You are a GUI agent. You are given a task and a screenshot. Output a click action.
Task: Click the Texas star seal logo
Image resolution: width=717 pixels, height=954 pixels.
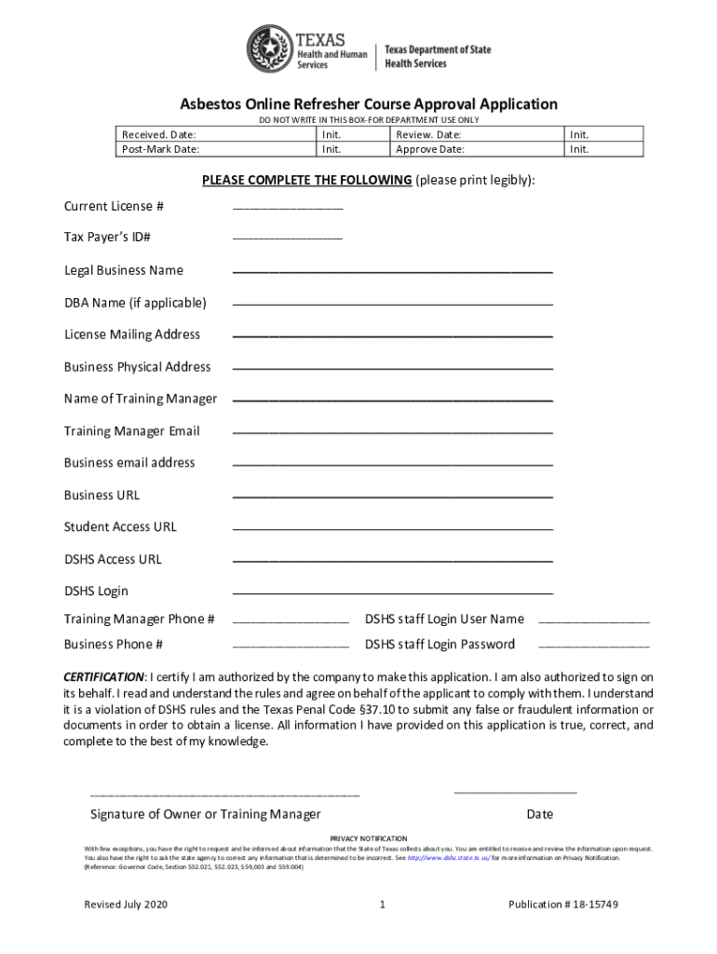point(269,48)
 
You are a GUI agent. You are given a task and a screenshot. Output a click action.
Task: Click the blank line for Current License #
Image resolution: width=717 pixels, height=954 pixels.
point(287,209)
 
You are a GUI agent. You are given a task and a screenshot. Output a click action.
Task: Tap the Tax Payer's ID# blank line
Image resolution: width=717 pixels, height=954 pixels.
point(287,240)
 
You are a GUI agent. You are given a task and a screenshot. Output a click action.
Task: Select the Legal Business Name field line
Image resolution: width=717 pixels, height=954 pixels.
point(392,273)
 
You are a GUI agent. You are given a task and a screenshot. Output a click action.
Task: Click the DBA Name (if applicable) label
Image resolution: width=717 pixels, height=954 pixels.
point(135,303)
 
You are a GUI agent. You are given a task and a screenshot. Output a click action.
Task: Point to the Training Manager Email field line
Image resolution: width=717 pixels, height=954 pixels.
point(392,434)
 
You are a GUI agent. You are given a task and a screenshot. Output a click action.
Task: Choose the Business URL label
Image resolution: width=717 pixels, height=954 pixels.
point(101,495)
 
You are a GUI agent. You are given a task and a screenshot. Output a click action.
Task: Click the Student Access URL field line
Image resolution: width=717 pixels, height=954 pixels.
point(392,530)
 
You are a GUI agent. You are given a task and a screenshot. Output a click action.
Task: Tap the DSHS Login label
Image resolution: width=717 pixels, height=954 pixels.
point(96,591)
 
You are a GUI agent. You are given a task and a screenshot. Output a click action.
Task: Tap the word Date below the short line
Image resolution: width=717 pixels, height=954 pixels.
point(539,814)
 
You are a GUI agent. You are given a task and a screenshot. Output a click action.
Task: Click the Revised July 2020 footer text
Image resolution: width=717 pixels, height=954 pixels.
point(126,905)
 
